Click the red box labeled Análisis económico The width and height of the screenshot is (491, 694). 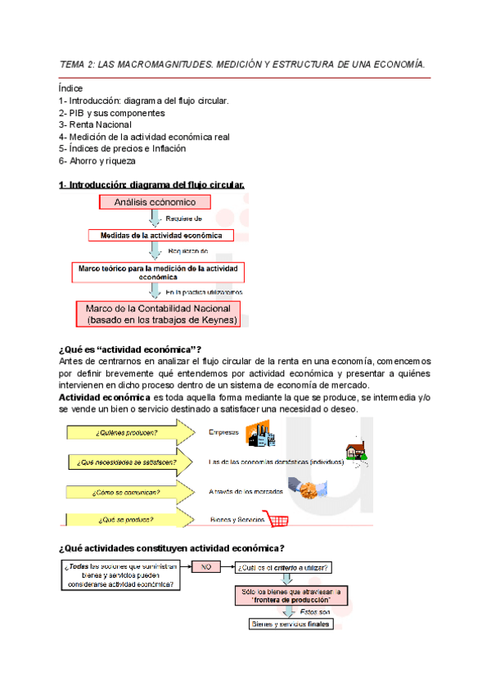click(x=155, y=202)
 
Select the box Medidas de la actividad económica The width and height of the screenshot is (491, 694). click(x=161, y=235)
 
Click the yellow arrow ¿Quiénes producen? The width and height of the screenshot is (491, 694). click(x=131, y=432)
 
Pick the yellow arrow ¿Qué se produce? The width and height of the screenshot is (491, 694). click(x=131, y=520)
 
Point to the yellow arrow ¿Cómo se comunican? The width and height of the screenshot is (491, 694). click(x=131, y=492)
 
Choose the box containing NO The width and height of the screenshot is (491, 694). click(x=206, y=566)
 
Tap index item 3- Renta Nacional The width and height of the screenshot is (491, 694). click(x=95, y=124)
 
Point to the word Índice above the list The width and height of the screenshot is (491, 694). click(x=70, y=88)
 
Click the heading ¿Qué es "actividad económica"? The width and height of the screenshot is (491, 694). click(x=130, y=349)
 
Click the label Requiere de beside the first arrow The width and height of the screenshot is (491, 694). click(x=184, y=219)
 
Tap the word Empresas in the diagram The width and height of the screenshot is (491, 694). click(x=224, y=432)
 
